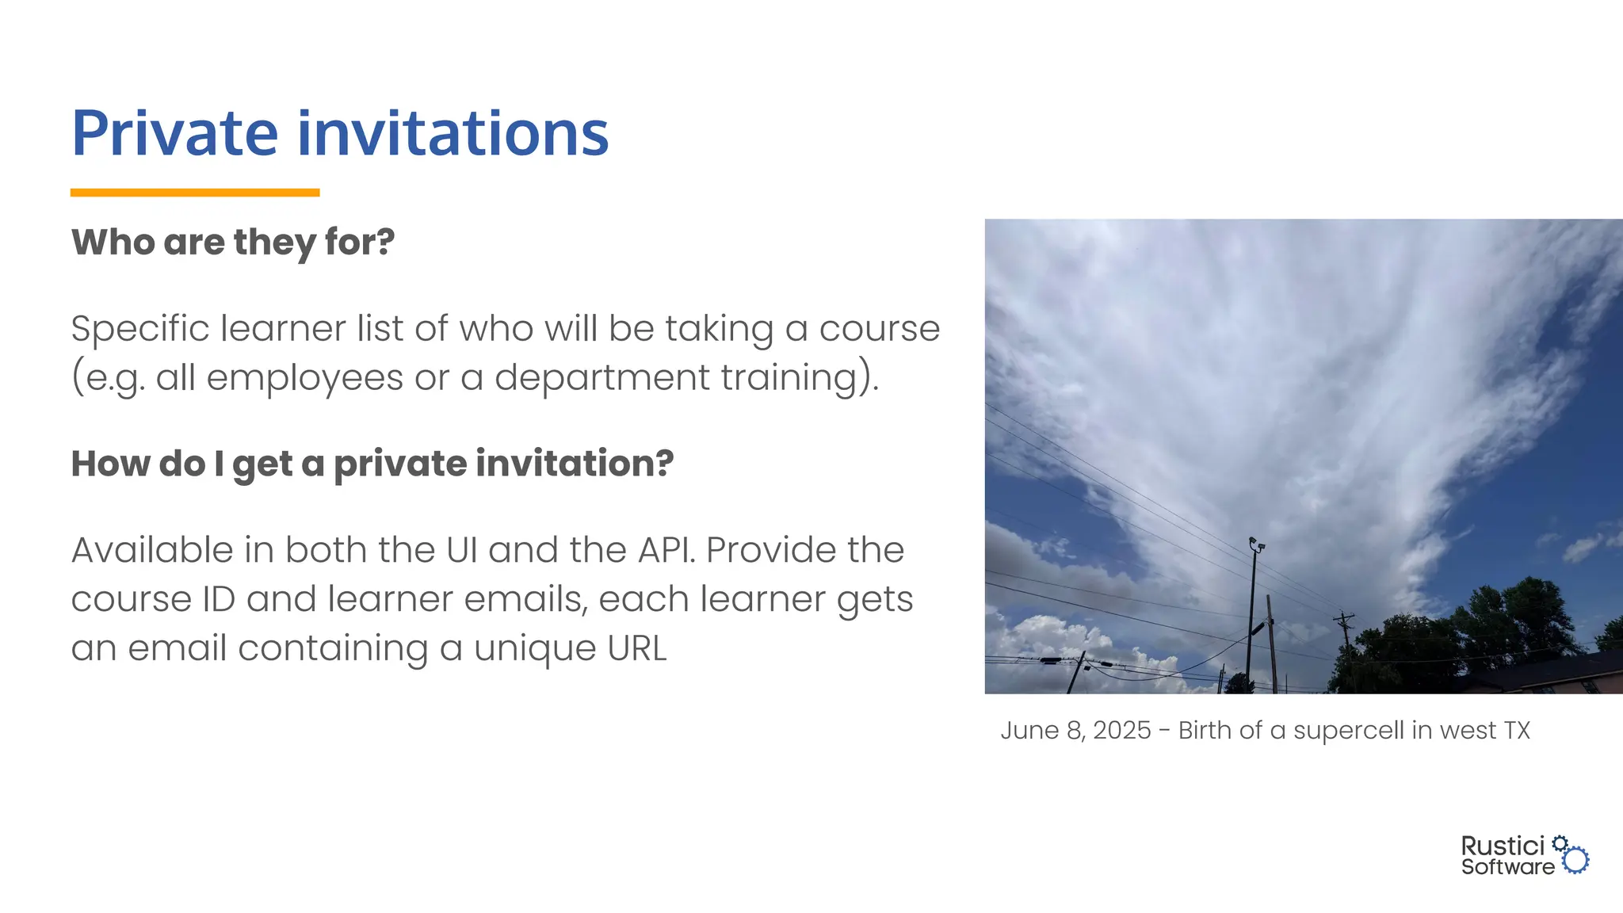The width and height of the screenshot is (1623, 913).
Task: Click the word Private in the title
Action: coord(174,133)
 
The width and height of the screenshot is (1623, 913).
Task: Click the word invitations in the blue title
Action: coord(453,133)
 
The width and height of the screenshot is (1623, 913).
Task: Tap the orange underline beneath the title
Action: coord(195,193)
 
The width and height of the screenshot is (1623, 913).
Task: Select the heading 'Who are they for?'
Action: coord(233,243)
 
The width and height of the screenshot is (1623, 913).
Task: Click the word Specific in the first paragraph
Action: coord(139,329)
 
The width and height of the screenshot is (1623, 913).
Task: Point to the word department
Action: coord(601,378)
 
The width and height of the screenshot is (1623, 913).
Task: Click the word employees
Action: coord(304,378)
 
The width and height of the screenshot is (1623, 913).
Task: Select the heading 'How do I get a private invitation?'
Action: coord(372,464)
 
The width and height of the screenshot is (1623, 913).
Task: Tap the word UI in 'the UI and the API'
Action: coord(461,550)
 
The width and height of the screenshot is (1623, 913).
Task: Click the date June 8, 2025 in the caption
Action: coord(1075,730)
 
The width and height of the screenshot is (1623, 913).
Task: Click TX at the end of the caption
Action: coord(1517,730)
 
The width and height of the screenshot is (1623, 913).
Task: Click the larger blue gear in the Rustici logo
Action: coord(1576,860)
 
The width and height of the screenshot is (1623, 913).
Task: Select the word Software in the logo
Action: coord(1507,867)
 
